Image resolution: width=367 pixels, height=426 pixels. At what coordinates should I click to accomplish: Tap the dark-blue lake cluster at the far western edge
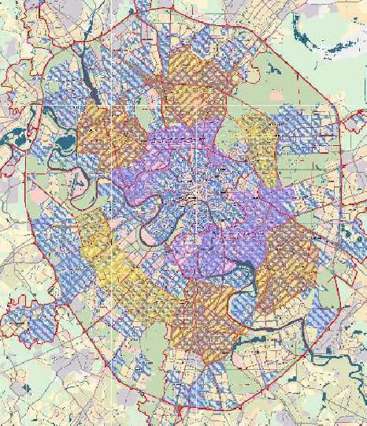[x=13, y=142]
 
